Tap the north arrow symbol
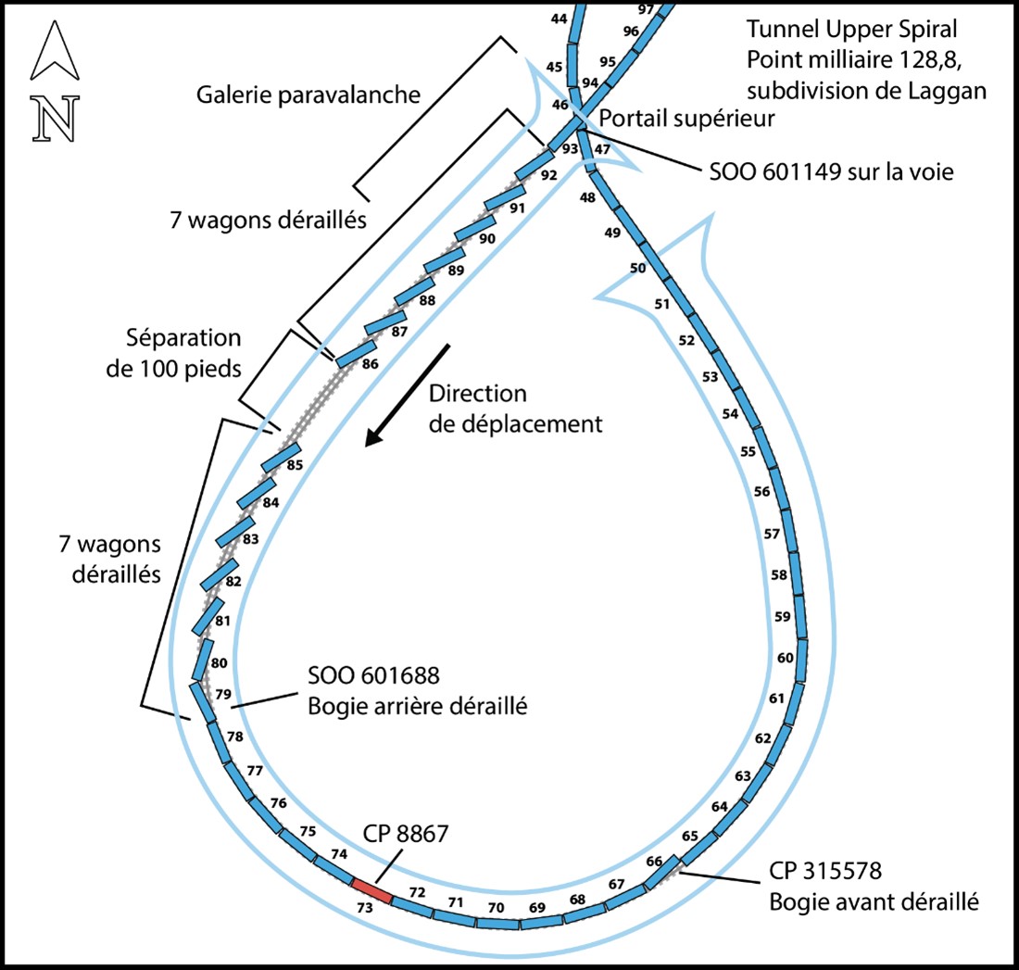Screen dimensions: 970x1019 tap(54, 54)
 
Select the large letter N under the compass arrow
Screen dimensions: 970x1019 tap(53, 120)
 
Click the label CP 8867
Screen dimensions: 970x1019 tap(405, 833)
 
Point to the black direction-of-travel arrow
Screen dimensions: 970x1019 tap(407, 395)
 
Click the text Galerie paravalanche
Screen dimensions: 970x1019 tap(309, 94)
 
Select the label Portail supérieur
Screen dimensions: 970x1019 tap(686, 119)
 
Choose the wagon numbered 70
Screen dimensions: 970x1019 tap(497, 923)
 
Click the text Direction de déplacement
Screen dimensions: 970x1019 tap(515, 409)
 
